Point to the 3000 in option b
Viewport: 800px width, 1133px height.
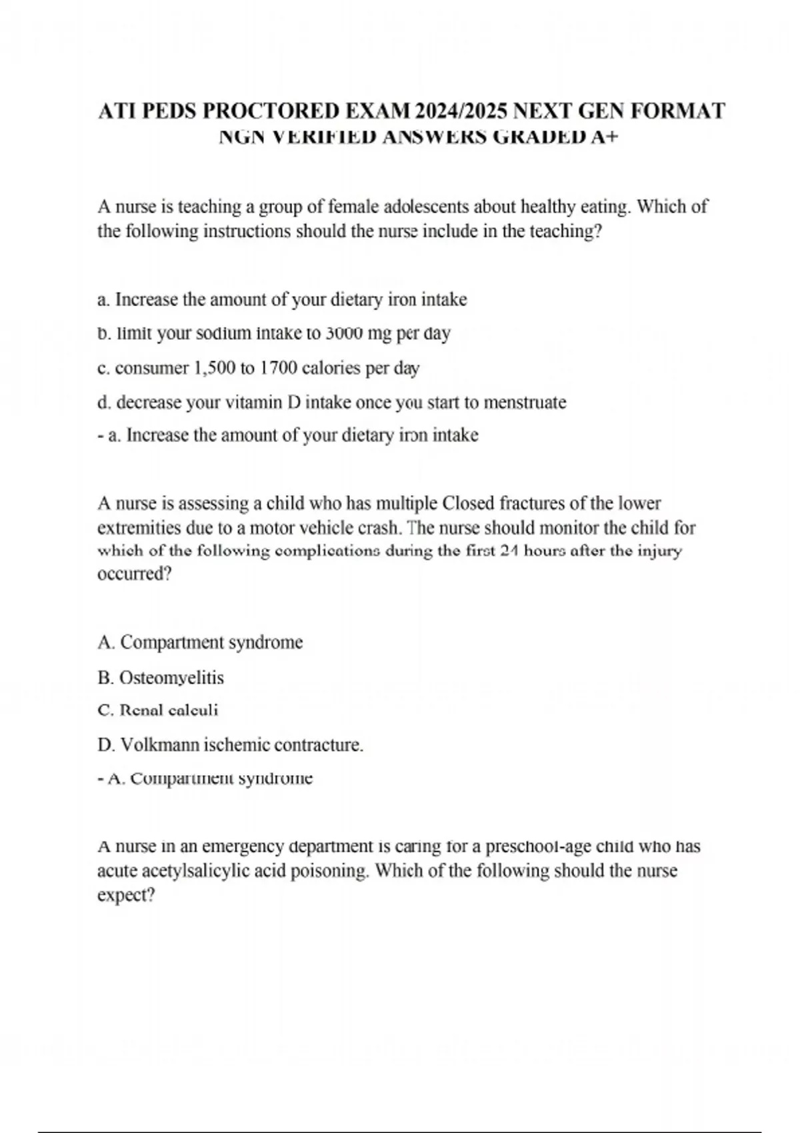tap(343, 333)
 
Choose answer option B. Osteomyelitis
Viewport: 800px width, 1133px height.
tap(161, 678)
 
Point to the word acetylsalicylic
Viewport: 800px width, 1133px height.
tap(198, 871)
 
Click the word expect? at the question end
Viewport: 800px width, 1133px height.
tap(126, 895)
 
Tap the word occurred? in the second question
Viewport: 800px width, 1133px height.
tap(134, 574)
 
